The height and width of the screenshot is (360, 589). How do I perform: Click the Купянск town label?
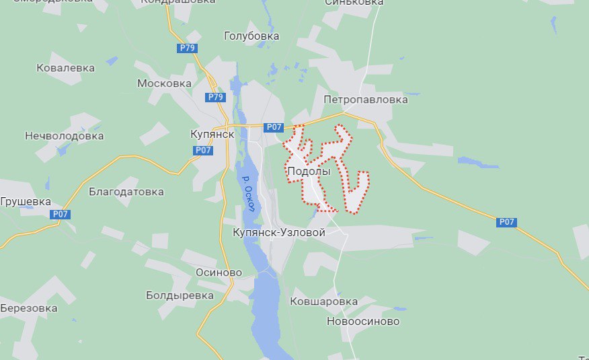pyautogui.click(x=212, y=134)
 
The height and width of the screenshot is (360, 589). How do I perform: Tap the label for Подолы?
pyautogui.click(x=309, y=172)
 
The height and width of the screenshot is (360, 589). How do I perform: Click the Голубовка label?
pyautogui.click(x=251, y=36)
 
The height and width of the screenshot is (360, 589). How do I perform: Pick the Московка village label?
pyautogui.click(x=164, y=83)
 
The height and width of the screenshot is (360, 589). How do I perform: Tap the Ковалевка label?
pyautogui.click(x=65, y=68)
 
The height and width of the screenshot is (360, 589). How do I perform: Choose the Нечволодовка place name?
pyautogui.click(x=65, y=136)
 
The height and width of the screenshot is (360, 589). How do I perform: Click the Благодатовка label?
pyautogui.click(x=126, y=192)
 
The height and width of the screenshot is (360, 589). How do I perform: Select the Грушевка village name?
pyautogui.click(x=26, y=201)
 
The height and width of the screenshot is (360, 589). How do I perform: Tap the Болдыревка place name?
pyautogui.click(x=180, y=295)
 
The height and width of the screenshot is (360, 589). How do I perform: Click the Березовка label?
pyautogui.click(x=28, y=308)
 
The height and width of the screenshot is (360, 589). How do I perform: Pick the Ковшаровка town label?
pyautogui.click(x=323, y=301)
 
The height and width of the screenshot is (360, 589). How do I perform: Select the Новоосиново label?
pyautogui.click(x=363, y=322)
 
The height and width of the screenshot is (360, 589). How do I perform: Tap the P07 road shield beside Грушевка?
pyautogui.click(x=60, y=215)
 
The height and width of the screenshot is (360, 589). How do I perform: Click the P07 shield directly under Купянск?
pyautogui.click(x=204, y=150)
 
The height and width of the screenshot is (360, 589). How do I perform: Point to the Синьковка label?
pyautogui.click(x=354, y=3)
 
